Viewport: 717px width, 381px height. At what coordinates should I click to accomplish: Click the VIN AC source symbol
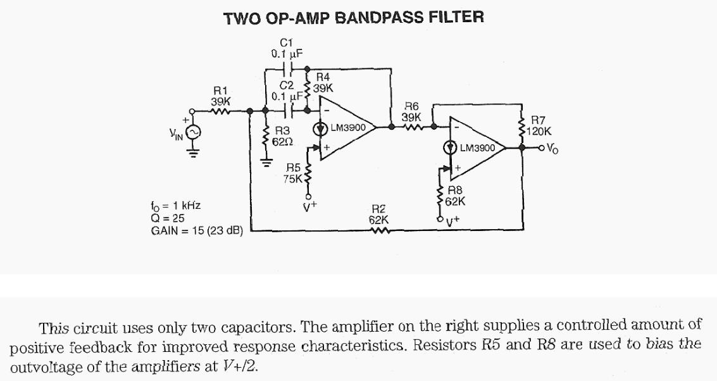coord(194,132)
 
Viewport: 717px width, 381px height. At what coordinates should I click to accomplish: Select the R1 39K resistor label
coord(220,96)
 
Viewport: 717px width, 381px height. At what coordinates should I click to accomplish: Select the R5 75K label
coord(293,173)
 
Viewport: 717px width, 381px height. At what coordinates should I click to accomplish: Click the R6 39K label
coord(411,112)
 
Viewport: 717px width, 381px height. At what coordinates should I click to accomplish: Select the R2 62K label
coord(379,215)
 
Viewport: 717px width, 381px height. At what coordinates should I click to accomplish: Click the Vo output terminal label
coord(552,149)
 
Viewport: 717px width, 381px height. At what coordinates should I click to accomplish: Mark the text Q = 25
coord(169,218)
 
